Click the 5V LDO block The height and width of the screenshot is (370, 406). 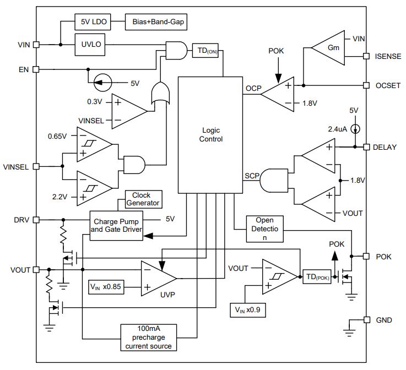click(x=93, y=22)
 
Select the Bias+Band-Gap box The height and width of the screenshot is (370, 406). click(x=156, y=22)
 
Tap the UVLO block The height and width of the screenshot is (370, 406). click(x=90, y=45)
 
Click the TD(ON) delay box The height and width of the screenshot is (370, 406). click(x=205, y=51)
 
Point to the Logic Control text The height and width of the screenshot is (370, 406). click(x=211, y=134)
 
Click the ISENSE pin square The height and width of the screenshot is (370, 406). click(x=366, y=56)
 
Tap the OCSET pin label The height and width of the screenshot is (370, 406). click(x=388, y=86)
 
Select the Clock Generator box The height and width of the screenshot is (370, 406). click(x=144, y=199)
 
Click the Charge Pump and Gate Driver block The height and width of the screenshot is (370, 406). click(x=116, y=226)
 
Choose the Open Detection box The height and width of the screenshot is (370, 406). click(x=264, y=229)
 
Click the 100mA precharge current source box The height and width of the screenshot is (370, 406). click(x=149, y=338)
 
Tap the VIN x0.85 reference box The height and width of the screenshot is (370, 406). click(x=106, y=287)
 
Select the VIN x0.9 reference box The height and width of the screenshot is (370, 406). click(x=248, y=310)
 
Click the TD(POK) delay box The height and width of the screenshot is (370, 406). click(x=317, y=277)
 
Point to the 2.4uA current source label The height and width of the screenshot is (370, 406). click(x=337, y=129)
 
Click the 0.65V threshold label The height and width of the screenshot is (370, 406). click(x=57, y=136)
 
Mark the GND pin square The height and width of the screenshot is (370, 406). click(x=367, y=320)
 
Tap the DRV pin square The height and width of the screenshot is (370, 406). click(x=36, y=220)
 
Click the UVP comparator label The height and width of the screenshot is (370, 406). click(x=167, y=295)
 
